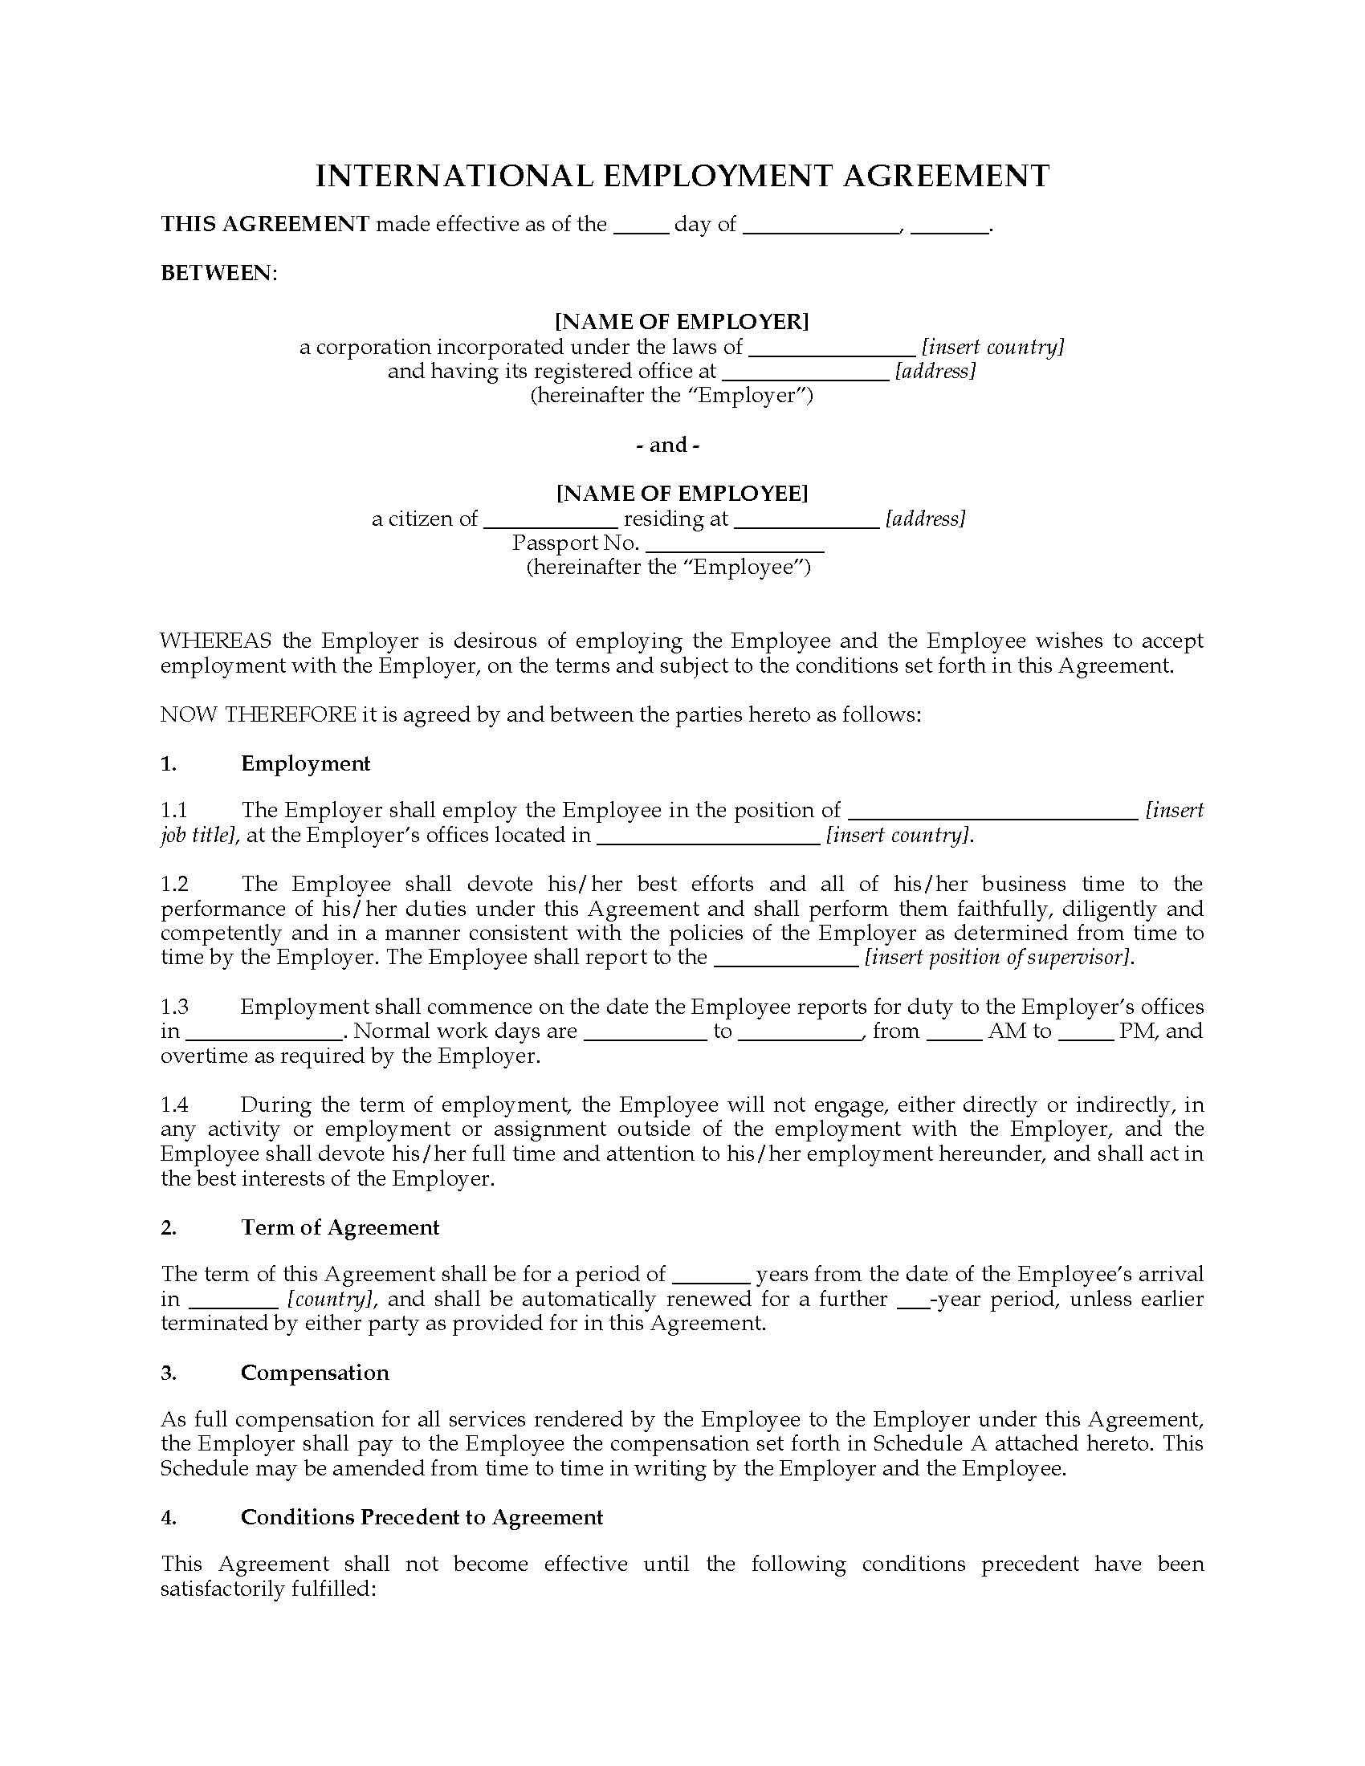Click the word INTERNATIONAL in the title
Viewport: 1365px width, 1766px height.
click(454, 176)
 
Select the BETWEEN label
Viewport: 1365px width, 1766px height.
click(217, 273)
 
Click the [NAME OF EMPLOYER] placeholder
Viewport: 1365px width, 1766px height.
click(682, 322)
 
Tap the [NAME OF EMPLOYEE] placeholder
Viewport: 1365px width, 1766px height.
click(682, 493)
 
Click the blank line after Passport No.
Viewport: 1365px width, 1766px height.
click(734, 545)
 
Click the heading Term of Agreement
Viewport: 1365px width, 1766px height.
click(340, 1227)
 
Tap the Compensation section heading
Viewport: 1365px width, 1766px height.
click(315, 1373)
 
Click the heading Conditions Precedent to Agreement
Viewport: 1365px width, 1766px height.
click(422, 1518)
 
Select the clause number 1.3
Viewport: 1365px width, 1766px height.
click(174, 1007)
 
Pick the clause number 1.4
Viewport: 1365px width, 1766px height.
click(174, 1105)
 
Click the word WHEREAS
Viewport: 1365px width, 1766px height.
click(216, 641)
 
